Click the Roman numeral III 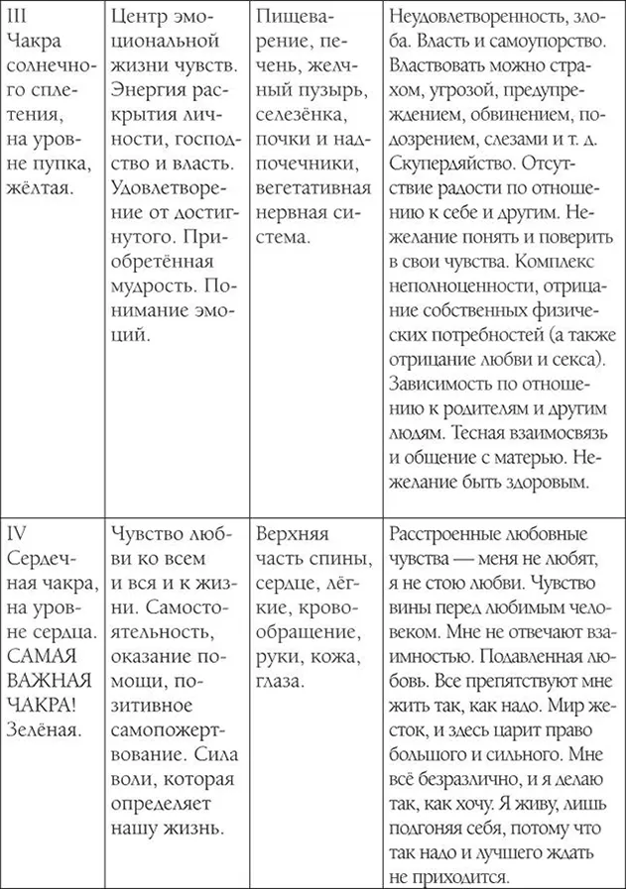coord(15,19)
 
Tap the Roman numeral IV coord(16,532)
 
